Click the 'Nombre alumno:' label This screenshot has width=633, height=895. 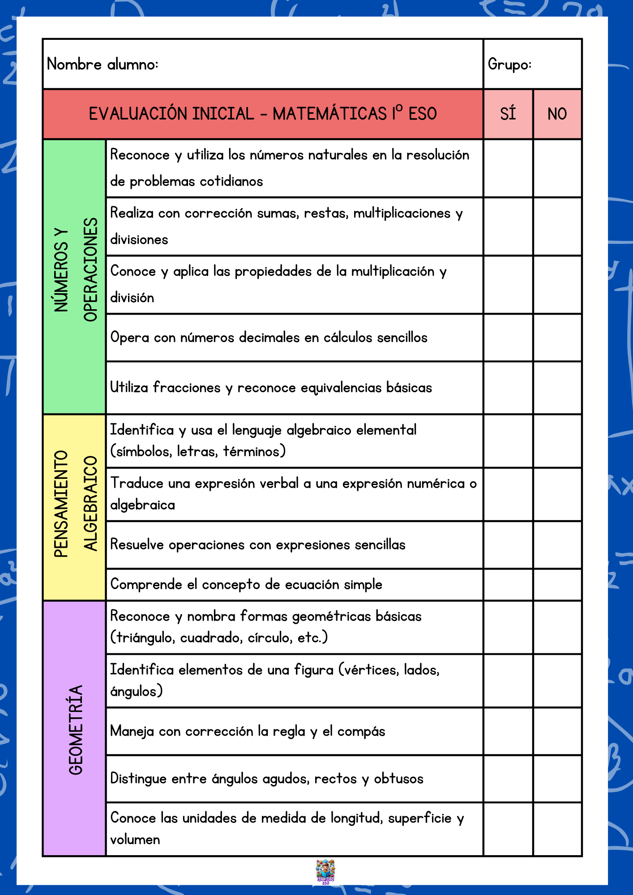(x=103, y=64)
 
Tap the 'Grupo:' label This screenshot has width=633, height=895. (x=509, y=64)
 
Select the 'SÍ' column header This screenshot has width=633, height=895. (x=508, y=114)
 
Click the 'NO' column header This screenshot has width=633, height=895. (x=557, y=114)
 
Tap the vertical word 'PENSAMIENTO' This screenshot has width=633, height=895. (x=61, y=504)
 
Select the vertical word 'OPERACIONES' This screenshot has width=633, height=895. (x=91, y=269)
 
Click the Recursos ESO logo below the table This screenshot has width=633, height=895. (x=325, y=872)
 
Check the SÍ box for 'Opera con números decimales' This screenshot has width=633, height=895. (x=508, y=338)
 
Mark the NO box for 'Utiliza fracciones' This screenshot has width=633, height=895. (x=557, y=388)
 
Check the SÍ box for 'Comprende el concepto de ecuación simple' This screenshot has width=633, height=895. (x=508, y=584)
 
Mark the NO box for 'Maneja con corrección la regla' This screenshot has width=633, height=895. (x=557, y=731)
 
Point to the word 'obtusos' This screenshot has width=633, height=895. (x=398, y=779)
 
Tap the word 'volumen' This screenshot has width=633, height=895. (x=135, y=840)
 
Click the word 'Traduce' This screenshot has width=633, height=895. (x=137, y=483)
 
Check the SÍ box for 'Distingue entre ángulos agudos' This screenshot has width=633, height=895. (x=508, y=779)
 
